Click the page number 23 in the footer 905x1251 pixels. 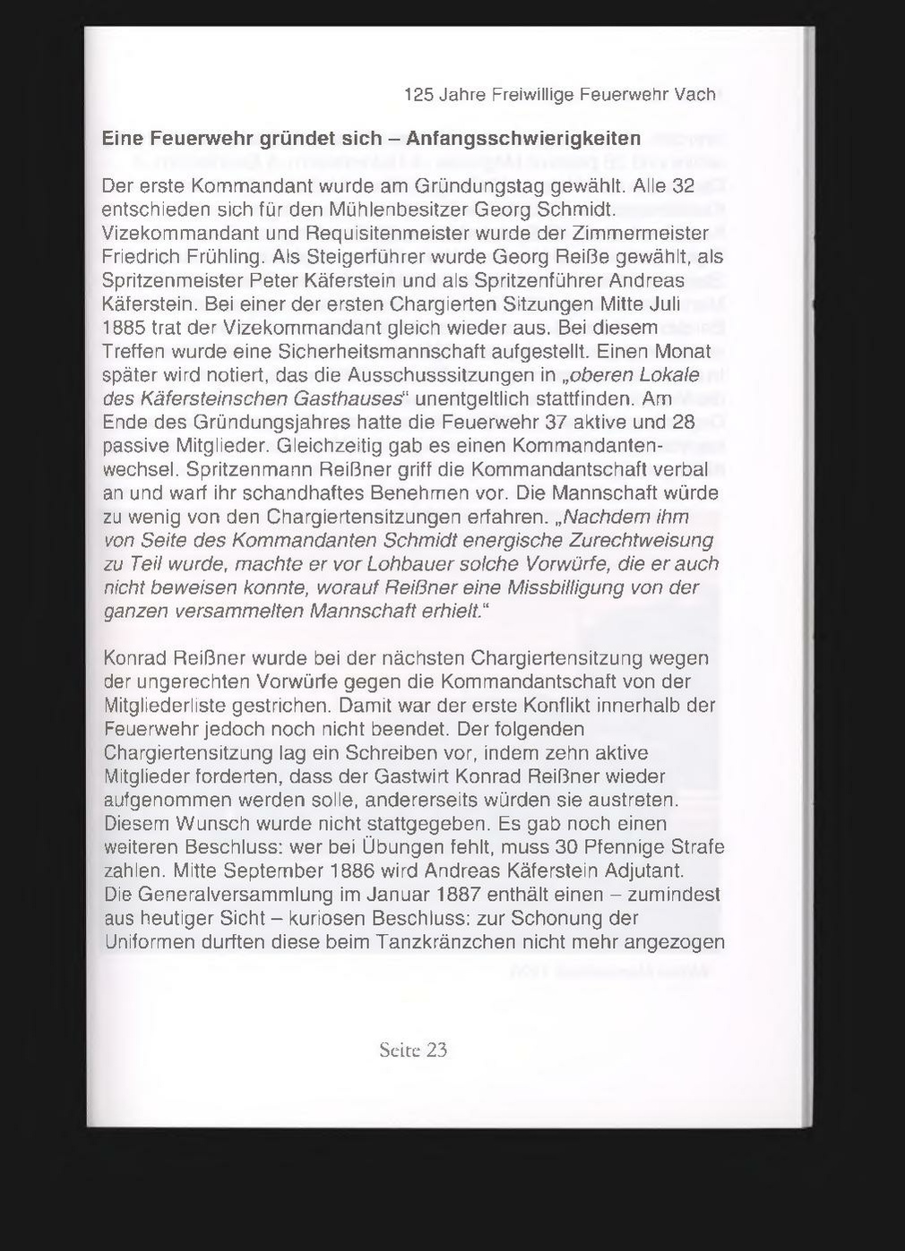click(435, 1050)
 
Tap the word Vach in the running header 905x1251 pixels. click(694, 94)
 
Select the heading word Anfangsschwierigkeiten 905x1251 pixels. click(523, 139)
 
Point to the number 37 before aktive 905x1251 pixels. click(558, 422)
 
